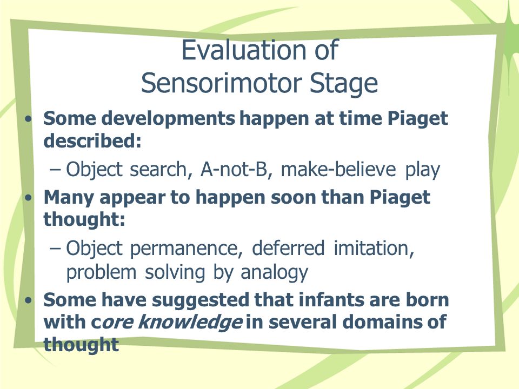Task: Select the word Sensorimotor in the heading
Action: point(222,83)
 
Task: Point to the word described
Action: point(92,141)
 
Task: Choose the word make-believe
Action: point(338,169)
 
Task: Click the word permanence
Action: point(186,249)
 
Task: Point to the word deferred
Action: point(288,248)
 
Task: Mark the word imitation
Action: point(374,249)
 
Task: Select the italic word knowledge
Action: point(190,323)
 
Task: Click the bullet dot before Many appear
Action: point(29,198)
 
